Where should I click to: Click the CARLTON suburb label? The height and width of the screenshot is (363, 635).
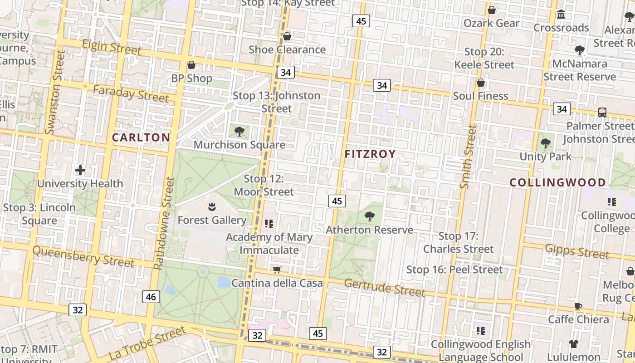(141, 137)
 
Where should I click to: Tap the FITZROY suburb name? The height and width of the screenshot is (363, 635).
(370, 154)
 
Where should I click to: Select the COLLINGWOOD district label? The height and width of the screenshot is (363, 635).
(557, 182)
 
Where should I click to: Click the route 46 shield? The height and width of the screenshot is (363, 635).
(151, 297)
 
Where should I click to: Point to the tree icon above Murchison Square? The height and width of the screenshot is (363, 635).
(239, 132)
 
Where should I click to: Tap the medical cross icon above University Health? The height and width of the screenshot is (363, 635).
(80, 171)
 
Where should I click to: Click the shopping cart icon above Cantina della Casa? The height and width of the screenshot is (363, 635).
(277, 270)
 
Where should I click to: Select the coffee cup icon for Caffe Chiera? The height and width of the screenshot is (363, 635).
(578, 306)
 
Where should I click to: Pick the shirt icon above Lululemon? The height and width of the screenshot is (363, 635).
(574, 344)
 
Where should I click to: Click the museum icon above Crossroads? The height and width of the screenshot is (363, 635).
(561, 15)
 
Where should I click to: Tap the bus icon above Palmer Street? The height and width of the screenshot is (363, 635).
(602, 112)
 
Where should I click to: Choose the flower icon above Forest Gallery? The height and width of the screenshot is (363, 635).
(211, 207)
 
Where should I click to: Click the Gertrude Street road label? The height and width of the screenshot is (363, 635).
(384, 287)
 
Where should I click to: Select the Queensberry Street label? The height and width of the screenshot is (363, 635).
(83, 256)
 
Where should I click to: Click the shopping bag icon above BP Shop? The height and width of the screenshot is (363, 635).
(191, 65)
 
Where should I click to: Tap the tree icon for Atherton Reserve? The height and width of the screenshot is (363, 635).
(370, 216)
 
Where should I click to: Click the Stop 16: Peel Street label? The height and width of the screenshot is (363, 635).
(454, 270)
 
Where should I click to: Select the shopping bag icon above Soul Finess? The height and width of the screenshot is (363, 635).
(481, 83)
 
